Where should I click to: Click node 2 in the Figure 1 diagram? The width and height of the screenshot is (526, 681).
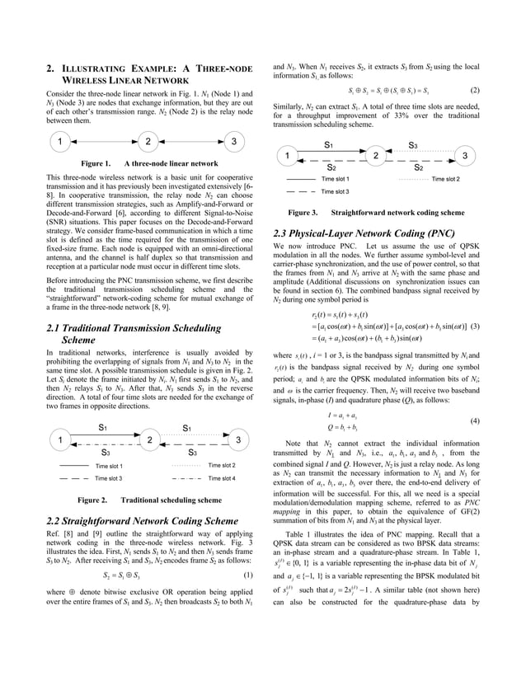pos(147,141)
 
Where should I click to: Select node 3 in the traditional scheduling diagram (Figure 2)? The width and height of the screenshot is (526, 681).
pos(237,439)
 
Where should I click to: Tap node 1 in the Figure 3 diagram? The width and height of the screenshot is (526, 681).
pos(287,156)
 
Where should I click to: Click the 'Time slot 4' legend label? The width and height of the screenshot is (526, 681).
pos(222,478)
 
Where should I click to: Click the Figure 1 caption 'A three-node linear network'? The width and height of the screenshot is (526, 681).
pos(171,163)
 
